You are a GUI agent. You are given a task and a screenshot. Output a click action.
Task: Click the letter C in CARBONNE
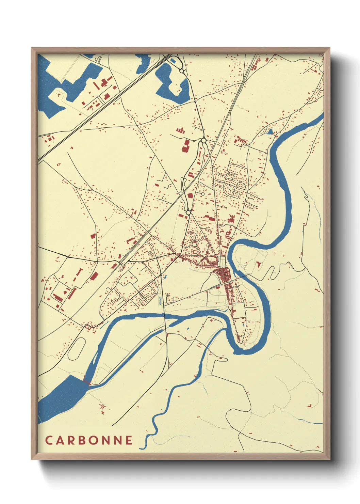pos(49,440)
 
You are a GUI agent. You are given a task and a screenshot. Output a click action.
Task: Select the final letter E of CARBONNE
pos(129,440)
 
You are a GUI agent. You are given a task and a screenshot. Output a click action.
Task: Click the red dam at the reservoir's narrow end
pos(86,382)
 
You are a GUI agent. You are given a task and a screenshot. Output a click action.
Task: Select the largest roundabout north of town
pos(203,140)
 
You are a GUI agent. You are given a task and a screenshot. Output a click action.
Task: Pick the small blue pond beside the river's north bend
pos(270,131)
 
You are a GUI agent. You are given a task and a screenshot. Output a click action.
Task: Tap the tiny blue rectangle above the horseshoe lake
pos(173,61)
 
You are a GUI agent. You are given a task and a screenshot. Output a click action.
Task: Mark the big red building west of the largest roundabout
pos(185,145)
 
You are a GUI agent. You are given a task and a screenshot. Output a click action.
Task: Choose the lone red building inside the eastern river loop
pos(259,263)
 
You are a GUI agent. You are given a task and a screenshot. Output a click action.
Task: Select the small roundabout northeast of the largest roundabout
pos(249,146)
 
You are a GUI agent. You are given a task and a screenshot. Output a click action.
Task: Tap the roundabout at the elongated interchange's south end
pos(188,212)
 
